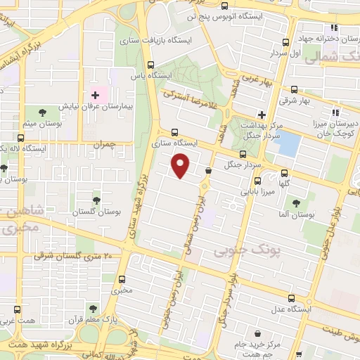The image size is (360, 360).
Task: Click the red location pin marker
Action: (181, 166)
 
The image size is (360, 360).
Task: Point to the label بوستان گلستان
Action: (97, 211)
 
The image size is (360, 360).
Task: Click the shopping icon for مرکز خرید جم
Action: (258, 333)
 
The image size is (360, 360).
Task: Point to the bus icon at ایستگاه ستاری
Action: (173, 131)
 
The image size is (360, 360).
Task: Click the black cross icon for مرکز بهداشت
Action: (262, 114)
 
